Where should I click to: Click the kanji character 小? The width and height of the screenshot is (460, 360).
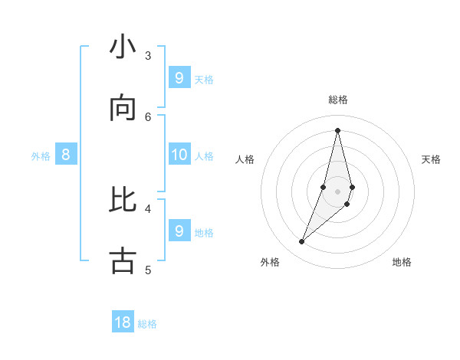click(123, 48)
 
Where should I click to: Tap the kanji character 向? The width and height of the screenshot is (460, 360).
click(123, 110)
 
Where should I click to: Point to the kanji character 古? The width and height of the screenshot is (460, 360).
click(123, 261)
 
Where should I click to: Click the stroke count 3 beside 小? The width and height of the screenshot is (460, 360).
click(148, 55)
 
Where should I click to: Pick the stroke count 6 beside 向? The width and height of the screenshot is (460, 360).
click(148, 116)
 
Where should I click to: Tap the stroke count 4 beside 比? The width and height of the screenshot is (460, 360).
click(148, 208)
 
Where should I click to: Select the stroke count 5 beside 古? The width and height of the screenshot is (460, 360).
click(148, 269)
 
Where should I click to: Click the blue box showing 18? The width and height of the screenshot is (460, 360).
click(123, 322)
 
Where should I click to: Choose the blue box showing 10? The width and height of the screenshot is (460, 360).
click(179, 155)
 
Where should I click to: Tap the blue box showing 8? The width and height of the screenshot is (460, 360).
click(66, 155)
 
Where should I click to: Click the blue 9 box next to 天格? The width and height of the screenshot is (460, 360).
click(179, 77)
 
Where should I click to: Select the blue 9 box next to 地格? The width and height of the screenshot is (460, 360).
click(179, 231)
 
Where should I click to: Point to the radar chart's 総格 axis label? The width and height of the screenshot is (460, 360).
click(338, 100)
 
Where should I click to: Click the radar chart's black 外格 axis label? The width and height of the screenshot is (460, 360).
click(270, 262)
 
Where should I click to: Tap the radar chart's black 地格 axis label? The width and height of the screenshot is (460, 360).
click(402, 262)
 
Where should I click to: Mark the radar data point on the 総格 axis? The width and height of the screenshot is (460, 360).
click(337, 130)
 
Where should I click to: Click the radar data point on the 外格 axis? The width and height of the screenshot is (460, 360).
click(302, 242)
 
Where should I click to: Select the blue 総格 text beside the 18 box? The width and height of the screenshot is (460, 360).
click(147, 324)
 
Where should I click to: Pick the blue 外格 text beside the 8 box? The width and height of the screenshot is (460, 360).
click(41, 156)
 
